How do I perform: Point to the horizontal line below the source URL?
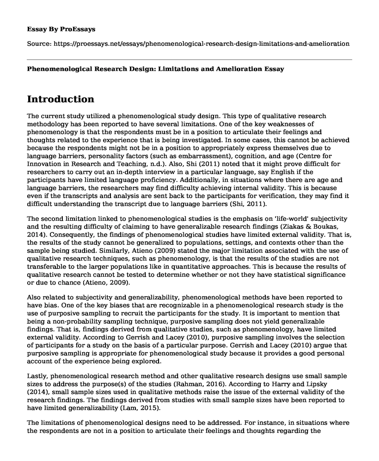pos(189,59)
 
